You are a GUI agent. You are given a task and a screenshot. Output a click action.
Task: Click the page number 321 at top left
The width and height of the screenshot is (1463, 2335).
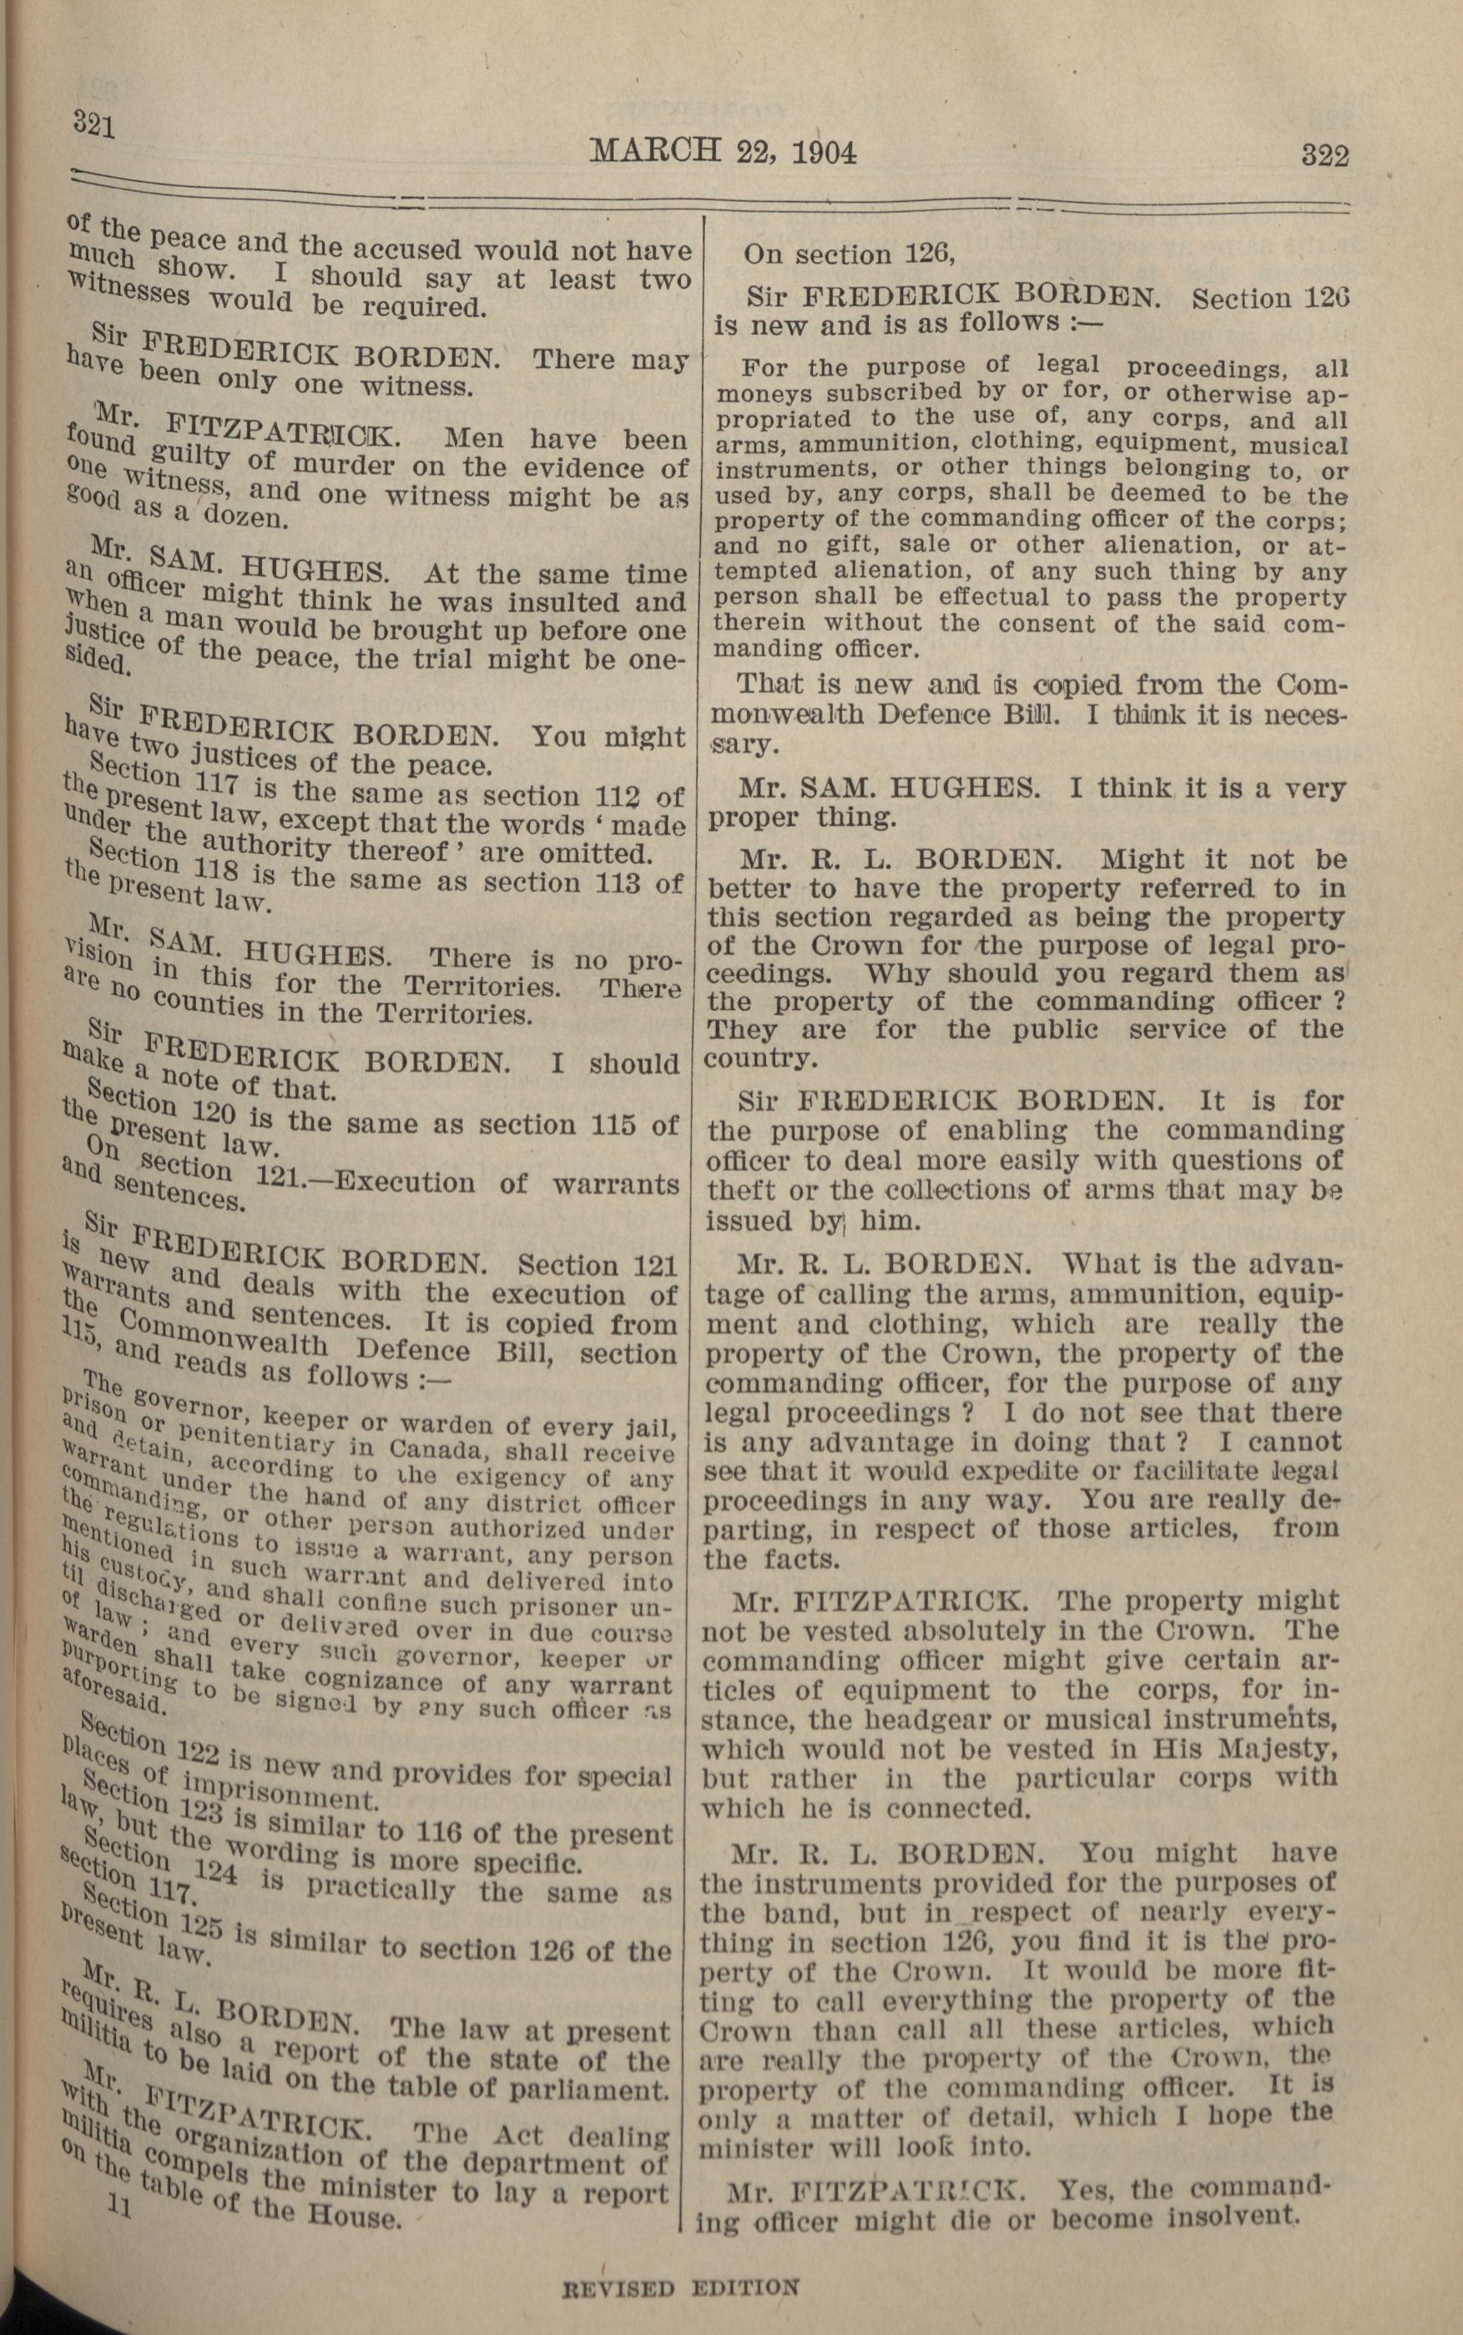pos(93,126)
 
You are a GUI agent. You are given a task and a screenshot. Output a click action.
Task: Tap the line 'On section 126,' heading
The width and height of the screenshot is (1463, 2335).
pos(849,255)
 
